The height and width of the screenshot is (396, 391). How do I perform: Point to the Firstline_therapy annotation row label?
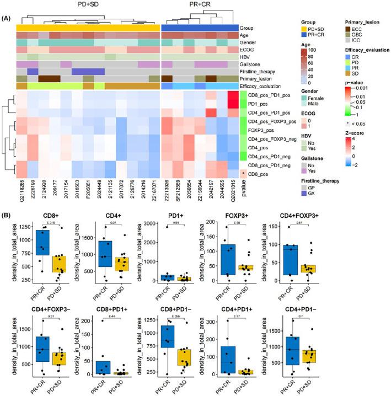[270, 71]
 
